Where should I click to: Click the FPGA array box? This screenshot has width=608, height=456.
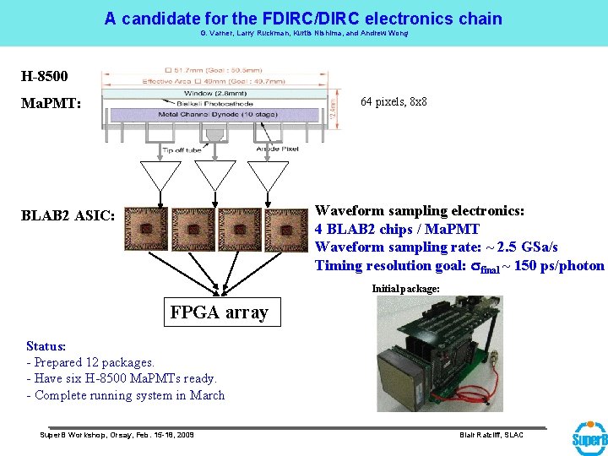tap(219, 312)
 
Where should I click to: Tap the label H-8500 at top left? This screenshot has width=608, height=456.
tap(44, 76)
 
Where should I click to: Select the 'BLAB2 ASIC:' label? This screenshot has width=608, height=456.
tap(68, 215)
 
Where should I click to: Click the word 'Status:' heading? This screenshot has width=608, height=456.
tap(46, 346)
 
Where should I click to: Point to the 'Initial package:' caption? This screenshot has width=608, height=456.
tap(406, 289)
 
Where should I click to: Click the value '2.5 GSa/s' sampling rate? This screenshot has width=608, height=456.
tap(515, 247)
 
